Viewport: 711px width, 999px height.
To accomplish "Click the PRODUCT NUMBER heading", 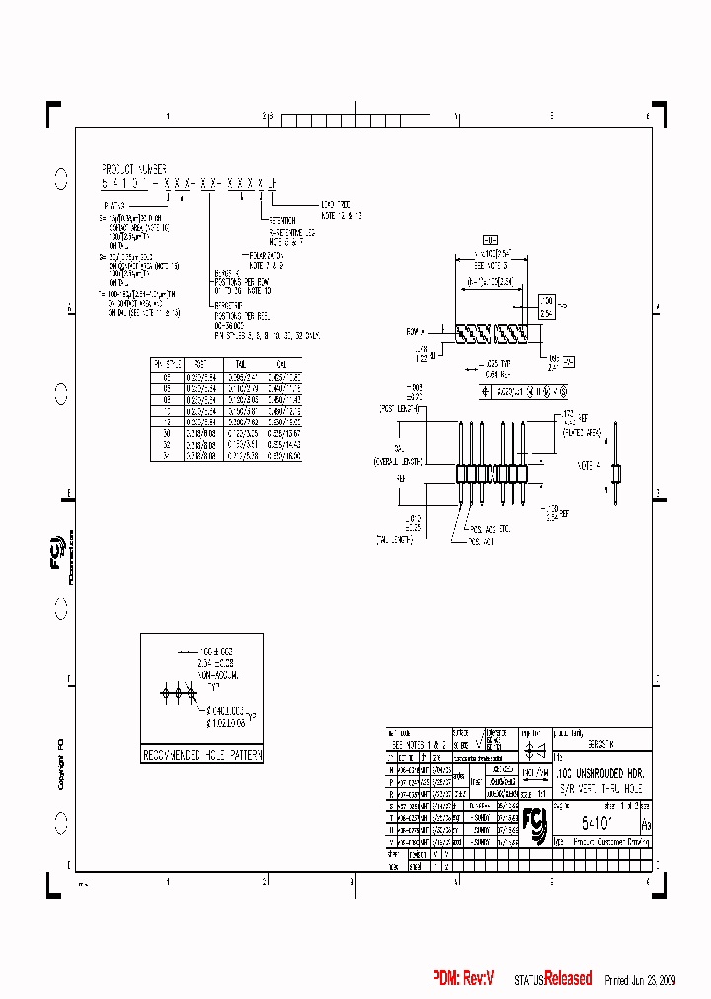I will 134,169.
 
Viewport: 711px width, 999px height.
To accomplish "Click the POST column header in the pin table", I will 200,364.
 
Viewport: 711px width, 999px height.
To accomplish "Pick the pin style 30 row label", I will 167,432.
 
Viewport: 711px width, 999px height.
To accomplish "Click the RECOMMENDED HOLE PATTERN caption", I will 201,755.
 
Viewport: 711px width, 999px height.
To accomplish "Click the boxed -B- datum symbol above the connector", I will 489,240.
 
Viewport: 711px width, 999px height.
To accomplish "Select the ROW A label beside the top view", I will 414,332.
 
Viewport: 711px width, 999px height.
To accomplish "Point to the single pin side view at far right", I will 617,464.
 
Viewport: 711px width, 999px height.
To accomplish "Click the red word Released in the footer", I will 568,978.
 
